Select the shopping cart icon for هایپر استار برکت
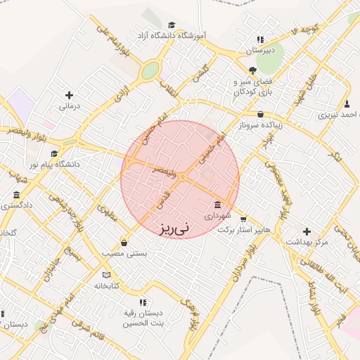243,219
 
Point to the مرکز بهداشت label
307,242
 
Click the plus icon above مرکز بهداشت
306,231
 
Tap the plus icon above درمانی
69,95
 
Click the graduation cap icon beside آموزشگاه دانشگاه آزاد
172,25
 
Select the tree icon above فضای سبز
252,70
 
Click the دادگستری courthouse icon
16,195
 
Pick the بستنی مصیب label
124,254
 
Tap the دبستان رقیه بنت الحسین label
143,318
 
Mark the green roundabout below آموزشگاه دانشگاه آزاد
150,71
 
